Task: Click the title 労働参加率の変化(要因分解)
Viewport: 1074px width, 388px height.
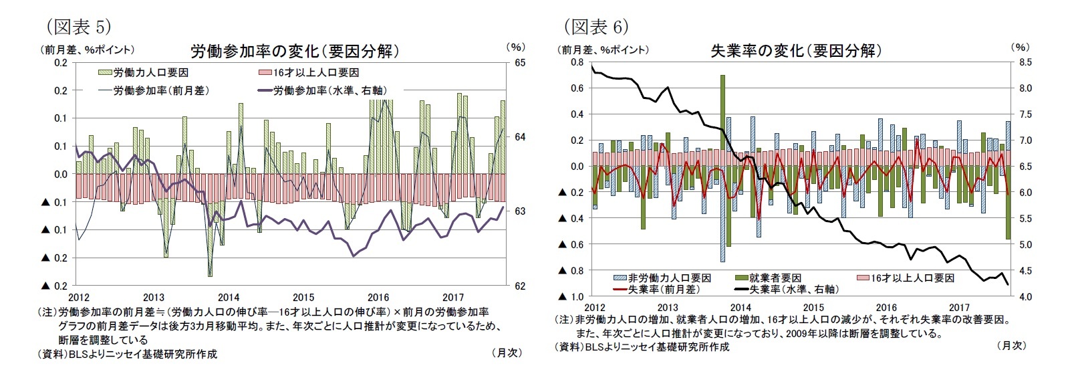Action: pos(295,52)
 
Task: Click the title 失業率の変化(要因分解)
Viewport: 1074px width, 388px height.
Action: pos(795,51)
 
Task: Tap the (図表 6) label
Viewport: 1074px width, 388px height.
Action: pos(595,27)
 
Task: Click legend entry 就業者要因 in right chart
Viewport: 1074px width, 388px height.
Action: pos(775,278)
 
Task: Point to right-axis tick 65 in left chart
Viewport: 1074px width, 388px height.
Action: pos(520,62)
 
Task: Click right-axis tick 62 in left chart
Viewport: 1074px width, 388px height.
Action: pos(520,286)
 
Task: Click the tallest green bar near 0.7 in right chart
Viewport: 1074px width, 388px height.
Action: pos(723,120)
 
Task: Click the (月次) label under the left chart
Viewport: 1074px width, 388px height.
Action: pos(506,353)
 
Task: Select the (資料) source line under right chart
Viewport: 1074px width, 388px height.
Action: pos(642,347)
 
